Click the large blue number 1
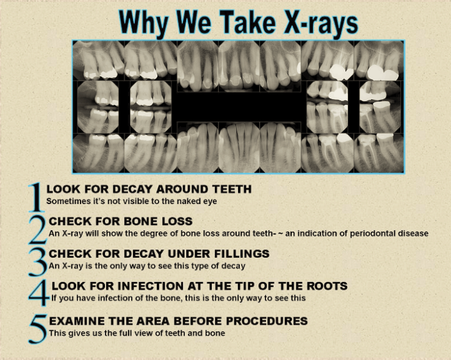coord(36,197)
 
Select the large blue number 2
coord(38,229)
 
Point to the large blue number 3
coord(38,261)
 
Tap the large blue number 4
coord(39,293)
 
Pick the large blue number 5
coord(38,327)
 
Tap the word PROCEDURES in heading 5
coord(269,321)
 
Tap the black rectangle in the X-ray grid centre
coord(238,107)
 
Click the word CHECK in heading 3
coord(70,253)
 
